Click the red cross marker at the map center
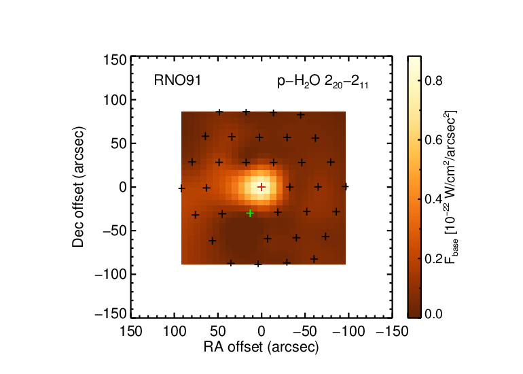click(x=261, y=187)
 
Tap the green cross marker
click(x=250, y=213)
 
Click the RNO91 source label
click(x=177, y=80)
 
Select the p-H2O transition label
click(x=323, y=82)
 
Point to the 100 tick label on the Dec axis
click(x=115, y=100)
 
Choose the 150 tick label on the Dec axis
click(x=115, y=61)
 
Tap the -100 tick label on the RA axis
click(x=348, y=332)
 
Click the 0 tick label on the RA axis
click(x=261, y=332)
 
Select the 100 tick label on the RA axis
click(x=175, y=332)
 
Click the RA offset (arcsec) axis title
click(x=261, y=347)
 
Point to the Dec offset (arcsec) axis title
click(x=78, y=187)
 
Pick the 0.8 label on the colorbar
click(x=433, y=81)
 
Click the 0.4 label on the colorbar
click(x=433, y=199)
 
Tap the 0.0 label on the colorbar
click(x=433, y=314)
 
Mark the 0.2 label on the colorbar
click(x=433, y=259)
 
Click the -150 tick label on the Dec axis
click(x=111, y=314)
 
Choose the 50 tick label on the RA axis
click(x=218, y=332)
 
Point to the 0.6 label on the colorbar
click(x=433, y=140)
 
